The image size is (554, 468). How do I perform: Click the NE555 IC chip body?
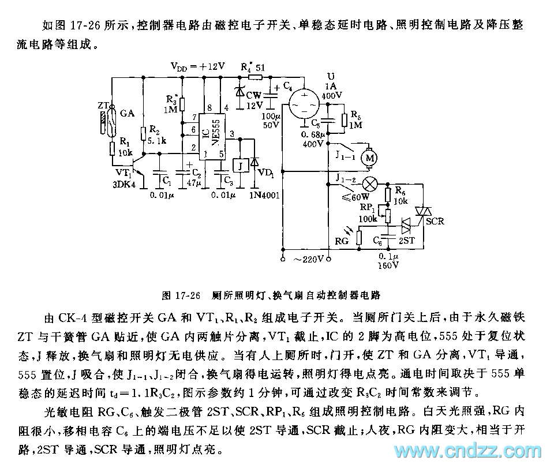[x=207, y=134]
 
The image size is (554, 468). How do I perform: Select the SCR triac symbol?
[x=426, y=214]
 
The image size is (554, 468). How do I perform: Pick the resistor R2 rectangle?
[x=144, y=133]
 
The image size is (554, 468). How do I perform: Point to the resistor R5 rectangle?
[x=344, y=120]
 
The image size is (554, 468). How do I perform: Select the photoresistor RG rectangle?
[x=358, y=237]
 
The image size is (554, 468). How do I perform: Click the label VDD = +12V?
[x=197, y=65]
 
